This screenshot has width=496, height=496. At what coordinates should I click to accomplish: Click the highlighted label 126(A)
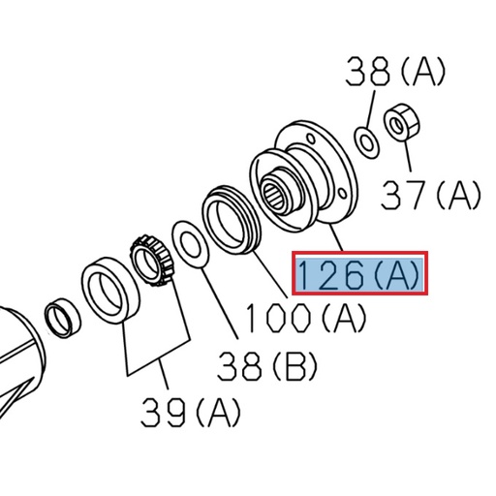coord(359,276)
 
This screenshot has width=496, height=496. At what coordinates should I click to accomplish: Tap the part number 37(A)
coord(430,197)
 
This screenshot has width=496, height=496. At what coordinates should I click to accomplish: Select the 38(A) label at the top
coord(394,71)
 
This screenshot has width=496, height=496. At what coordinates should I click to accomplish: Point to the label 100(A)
coord(304,318)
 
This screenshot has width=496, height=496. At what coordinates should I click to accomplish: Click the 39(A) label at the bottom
coord(189,415)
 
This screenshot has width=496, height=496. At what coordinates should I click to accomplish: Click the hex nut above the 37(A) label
coord(399,124)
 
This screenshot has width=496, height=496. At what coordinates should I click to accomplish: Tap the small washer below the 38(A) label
coord(367,141)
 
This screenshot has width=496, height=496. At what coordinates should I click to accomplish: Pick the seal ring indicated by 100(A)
coord(231,220)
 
